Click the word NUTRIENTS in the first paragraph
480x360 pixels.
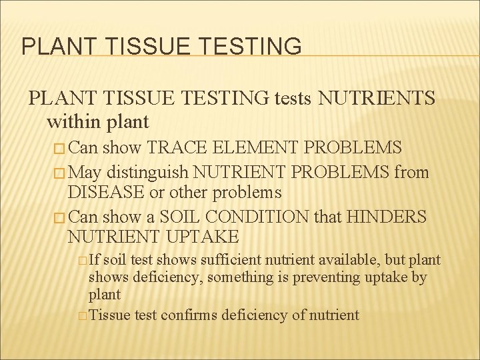tap(377, 99)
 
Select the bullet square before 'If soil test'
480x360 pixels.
tap(81, 260)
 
